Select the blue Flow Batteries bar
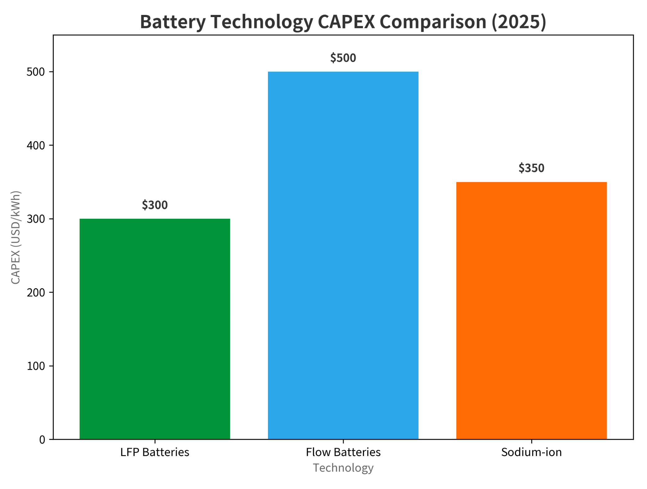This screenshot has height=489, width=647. tap(343, 255)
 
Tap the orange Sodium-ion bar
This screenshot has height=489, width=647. tap(531, 310)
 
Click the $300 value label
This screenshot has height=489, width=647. tap(155, 205)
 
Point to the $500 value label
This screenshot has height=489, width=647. tap(343, 58)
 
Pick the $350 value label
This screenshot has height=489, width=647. tap(531, 168)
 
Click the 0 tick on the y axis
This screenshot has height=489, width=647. tap(42, 440)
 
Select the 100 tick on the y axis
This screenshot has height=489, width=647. tap(36, 366)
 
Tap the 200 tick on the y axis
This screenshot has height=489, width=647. tap(36, 292)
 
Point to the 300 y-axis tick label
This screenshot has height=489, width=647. tap(36, 219)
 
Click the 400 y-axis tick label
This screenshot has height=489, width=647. tap(36, 145)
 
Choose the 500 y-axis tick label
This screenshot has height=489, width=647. tap(36, 72)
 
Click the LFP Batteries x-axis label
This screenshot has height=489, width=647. tap(155, 452)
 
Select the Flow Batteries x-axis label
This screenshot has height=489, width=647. tap(343, 452)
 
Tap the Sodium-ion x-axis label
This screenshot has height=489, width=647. tap(531, 452)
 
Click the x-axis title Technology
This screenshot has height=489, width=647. tap(343, 468)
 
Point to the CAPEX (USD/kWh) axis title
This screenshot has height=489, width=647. tap(16, 237)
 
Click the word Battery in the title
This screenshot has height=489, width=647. tap(173, 22)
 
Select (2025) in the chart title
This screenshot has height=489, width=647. tap(518, 22)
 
